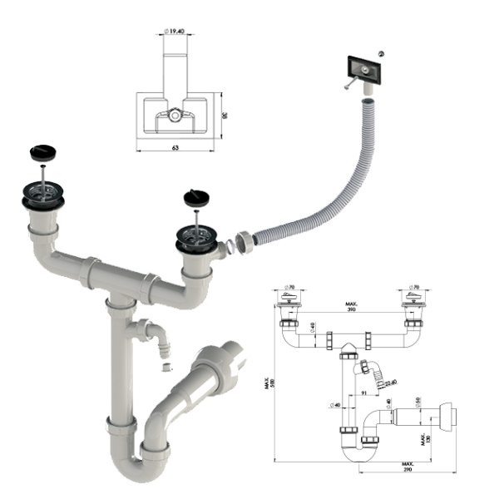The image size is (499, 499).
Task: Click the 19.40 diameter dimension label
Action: tap(174, 30)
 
